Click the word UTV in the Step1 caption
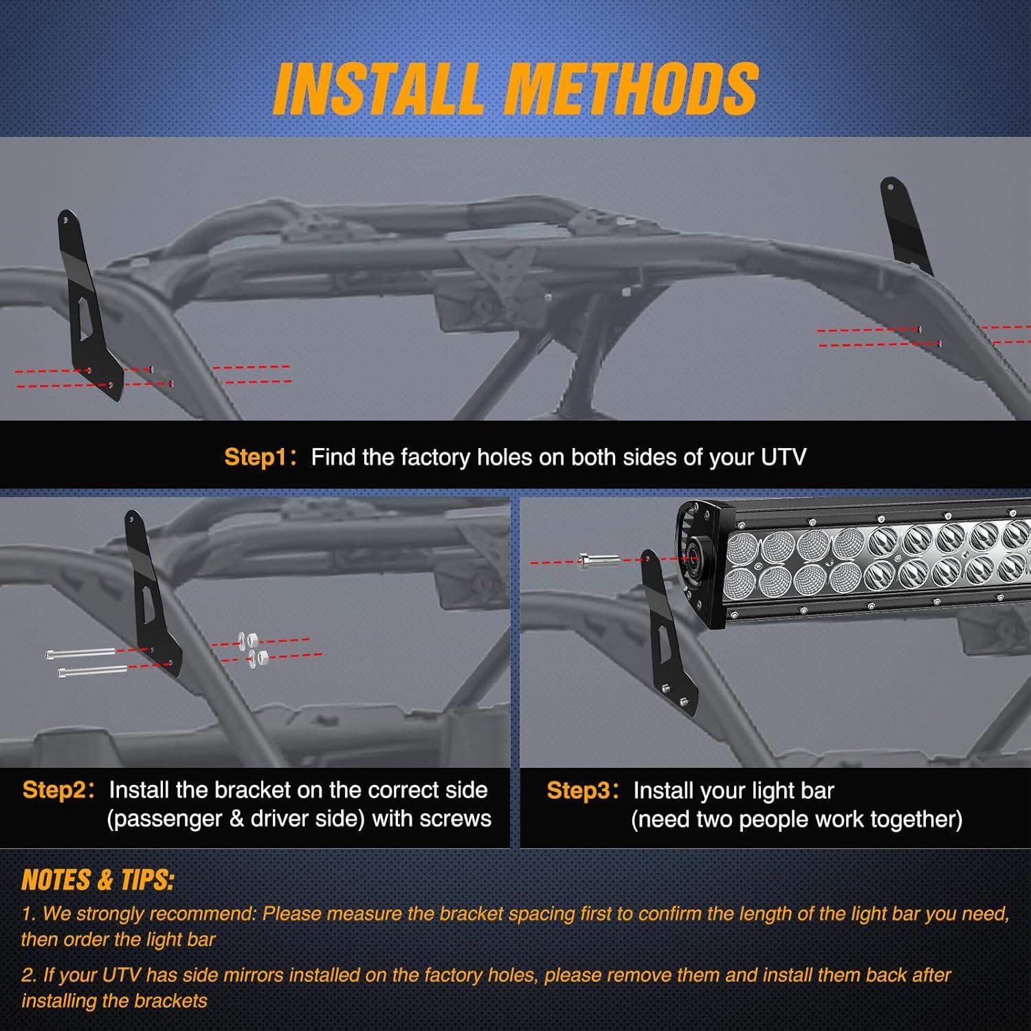click(x=783, y=457)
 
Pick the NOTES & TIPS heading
click(x=98, y=880)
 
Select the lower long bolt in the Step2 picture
click(x=93, y=671)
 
